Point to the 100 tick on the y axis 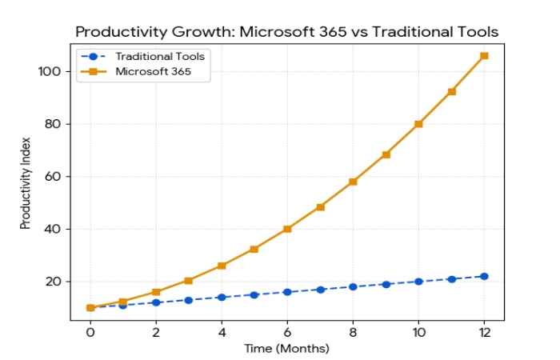(x=50, y=71)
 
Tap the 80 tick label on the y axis (x=54, y=124)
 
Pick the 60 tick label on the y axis (x=54, y=176)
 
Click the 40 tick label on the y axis (x=54, y=229)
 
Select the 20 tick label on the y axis (x=54, y=282)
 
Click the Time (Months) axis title (x=287, y=349)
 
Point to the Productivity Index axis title (x=26, y=189)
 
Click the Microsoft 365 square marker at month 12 (x=484, y=56)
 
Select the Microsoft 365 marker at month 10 (x=418, y=124)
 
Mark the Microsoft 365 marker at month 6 (x=287, y=229)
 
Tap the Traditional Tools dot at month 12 (x=484, y=276)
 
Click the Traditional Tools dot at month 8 (x=353, y=286)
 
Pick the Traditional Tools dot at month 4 (x=222, y=297)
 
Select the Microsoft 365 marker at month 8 (x=353, y=182)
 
